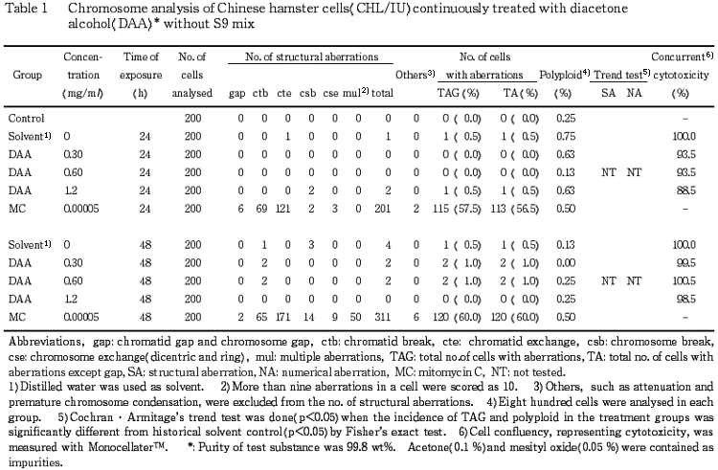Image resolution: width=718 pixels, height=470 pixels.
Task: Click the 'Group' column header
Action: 26,74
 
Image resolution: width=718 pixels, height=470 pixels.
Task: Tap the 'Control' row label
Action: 27,119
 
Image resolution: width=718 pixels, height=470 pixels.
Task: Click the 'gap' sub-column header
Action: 237,94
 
